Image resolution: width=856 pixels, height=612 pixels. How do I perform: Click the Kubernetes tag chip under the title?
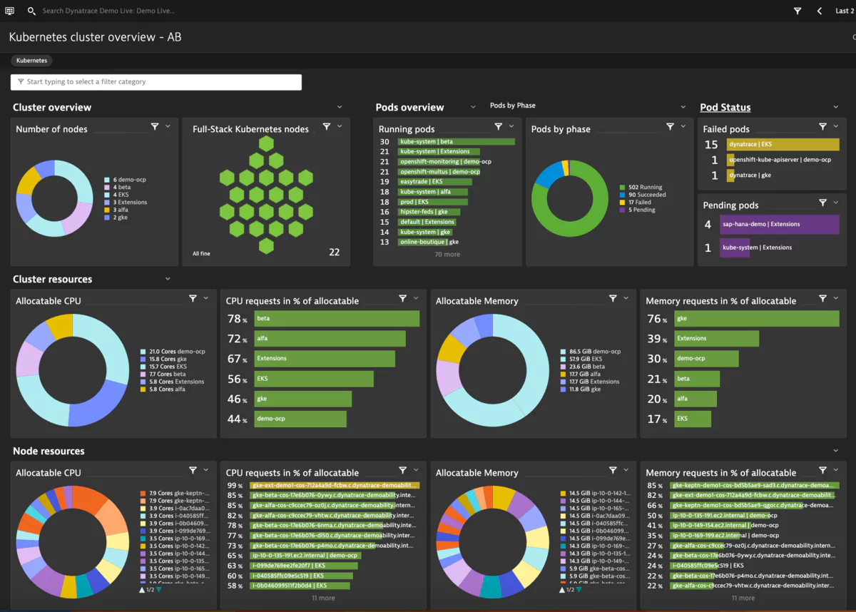(x=31, y=61)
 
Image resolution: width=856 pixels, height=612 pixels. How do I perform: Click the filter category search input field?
(x=156, y=82)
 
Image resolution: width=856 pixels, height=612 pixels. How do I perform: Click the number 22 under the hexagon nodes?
(x=334, y=253)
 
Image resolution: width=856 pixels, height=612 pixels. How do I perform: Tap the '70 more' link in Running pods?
(x=447, y=254)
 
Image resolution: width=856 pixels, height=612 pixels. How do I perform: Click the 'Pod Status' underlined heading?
(x=725, y=108)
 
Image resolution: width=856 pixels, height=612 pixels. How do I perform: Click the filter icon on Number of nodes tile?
(x=155, y=126)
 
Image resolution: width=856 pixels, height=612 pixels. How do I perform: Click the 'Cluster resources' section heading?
(x=52, y=280)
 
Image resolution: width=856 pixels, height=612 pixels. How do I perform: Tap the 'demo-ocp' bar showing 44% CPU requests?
(x=300, y=419)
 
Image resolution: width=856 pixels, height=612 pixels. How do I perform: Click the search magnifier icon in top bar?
(x=31, y=11)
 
